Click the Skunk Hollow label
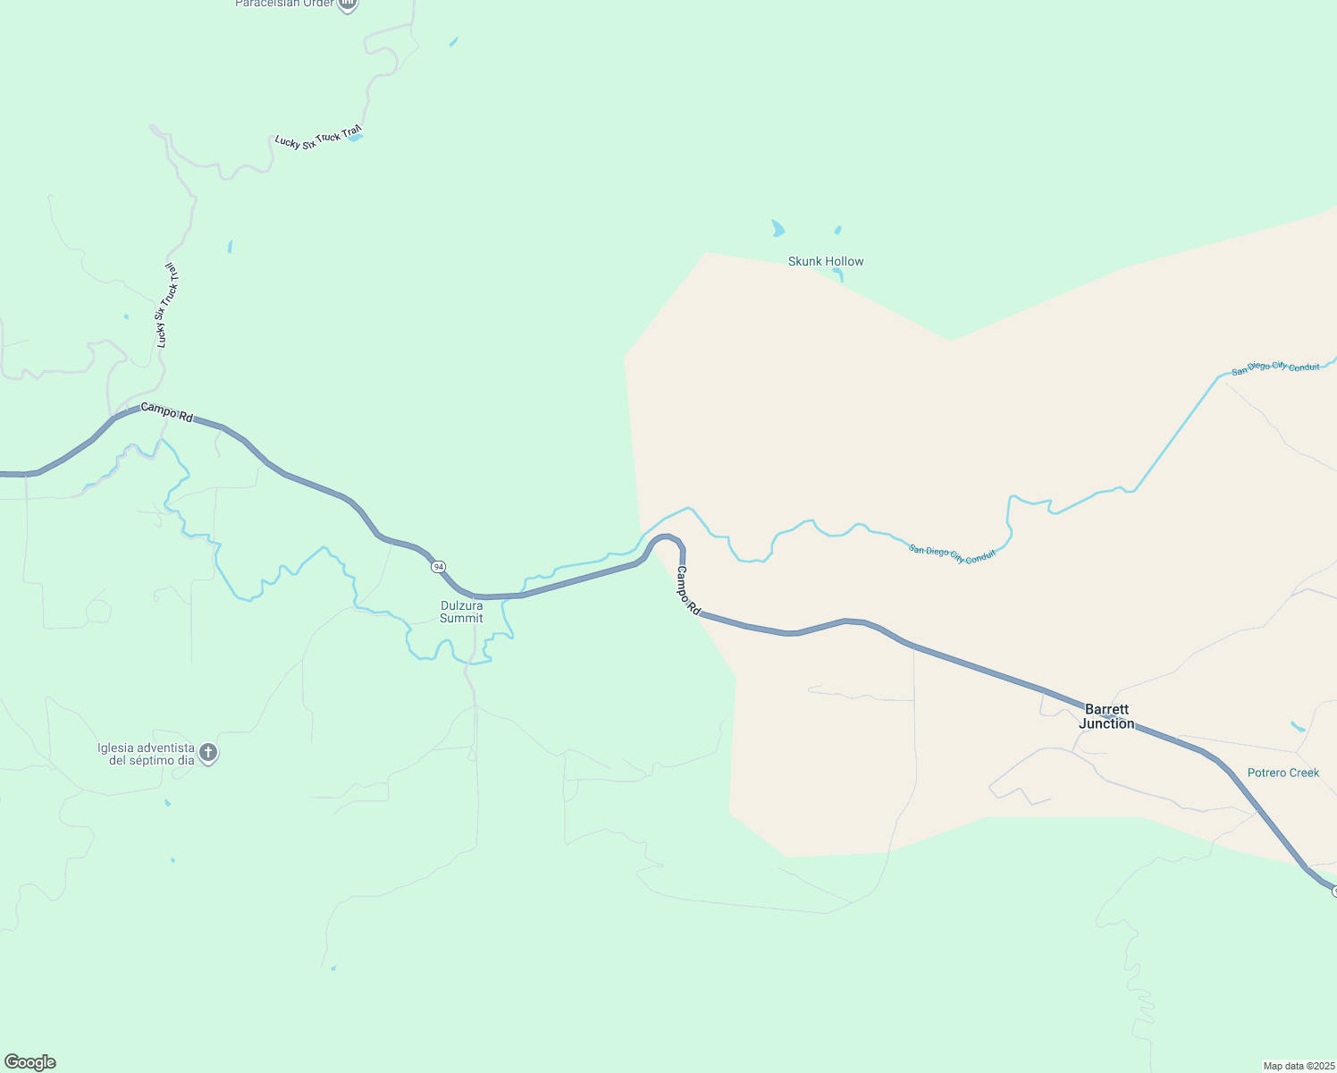tap(826, 261)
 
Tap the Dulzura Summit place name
tap(461, 612)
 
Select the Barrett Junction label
tap(1106, 716)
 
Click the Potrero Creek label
tap(1282, 773)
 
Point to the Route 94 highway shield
tap(438, 567)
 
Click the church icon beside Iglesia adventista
tap(208, 753)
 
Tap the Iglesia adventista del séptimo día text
tap(146, 754)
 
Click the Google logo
tap(30, 1062)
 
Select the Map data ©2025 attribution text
tap(1298, 1066)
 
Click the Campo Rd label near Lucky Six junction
tap(167, 413)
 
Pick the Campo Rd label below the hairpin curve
tap(687, 590)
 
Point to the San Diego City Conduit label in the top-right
tap(1275, 368)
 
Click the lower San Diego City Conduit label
tap(952, 553)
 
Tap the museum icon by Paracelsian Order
tap(348, 4)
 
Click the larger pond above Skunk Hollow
tap(778, 228)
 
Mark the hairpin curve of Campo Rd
tap(666, 539)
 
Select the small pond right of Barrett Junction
tap(1298, 726)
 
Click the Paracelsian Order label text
tap(284, 4)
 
